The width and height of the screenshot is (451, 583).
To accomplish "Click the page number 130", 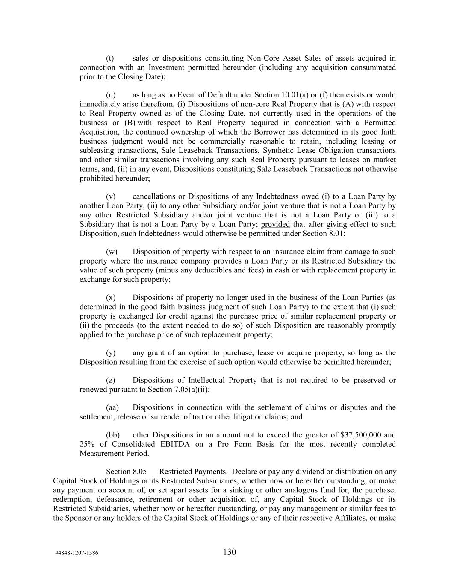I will pyautogui.click(x=230, y=552).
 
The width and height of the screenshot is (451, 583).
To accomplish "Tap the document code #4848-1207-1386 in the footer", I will pyautogui.click(x=77, y=553).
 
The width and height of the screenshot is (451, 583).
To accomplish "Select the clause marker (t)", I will pyautogui.click(x=110, y=58).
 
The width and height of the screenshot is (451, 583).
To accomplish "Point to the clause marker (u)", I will pyautogui.click(x=110, y=95).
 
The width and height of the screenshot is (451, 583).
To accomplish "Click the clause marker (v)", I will pyautogui.click(x=110, y=196).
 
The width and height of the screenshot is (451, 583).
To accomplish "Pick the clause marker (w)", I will pyautogui.click(x=111, y=252).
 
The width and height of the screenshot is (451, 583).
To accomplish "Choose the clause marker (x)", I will pyautogui.click(x=110, y=298).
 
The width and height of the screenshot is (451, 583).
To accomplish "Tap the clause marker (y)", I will pyautogui.click(x=110, y=353).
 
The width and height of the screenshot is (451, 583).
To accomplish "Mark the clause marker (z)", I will pyautogui.click(x=110, y=380).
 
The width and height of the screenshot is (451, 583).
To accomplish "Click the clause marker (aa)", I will pyautogui.click(x=112, y=407).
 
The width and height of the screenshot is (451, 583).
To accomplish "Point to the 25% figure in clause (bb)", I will pyautogui.click(x=87, y=444).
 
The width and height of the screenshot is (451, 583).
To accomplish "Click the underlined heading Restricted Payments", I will pyautogui.click(x=192, y=472).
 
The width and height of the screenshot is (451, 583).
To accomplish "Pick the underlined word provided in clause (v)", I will pyautogui.click(x=275, y=224).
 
